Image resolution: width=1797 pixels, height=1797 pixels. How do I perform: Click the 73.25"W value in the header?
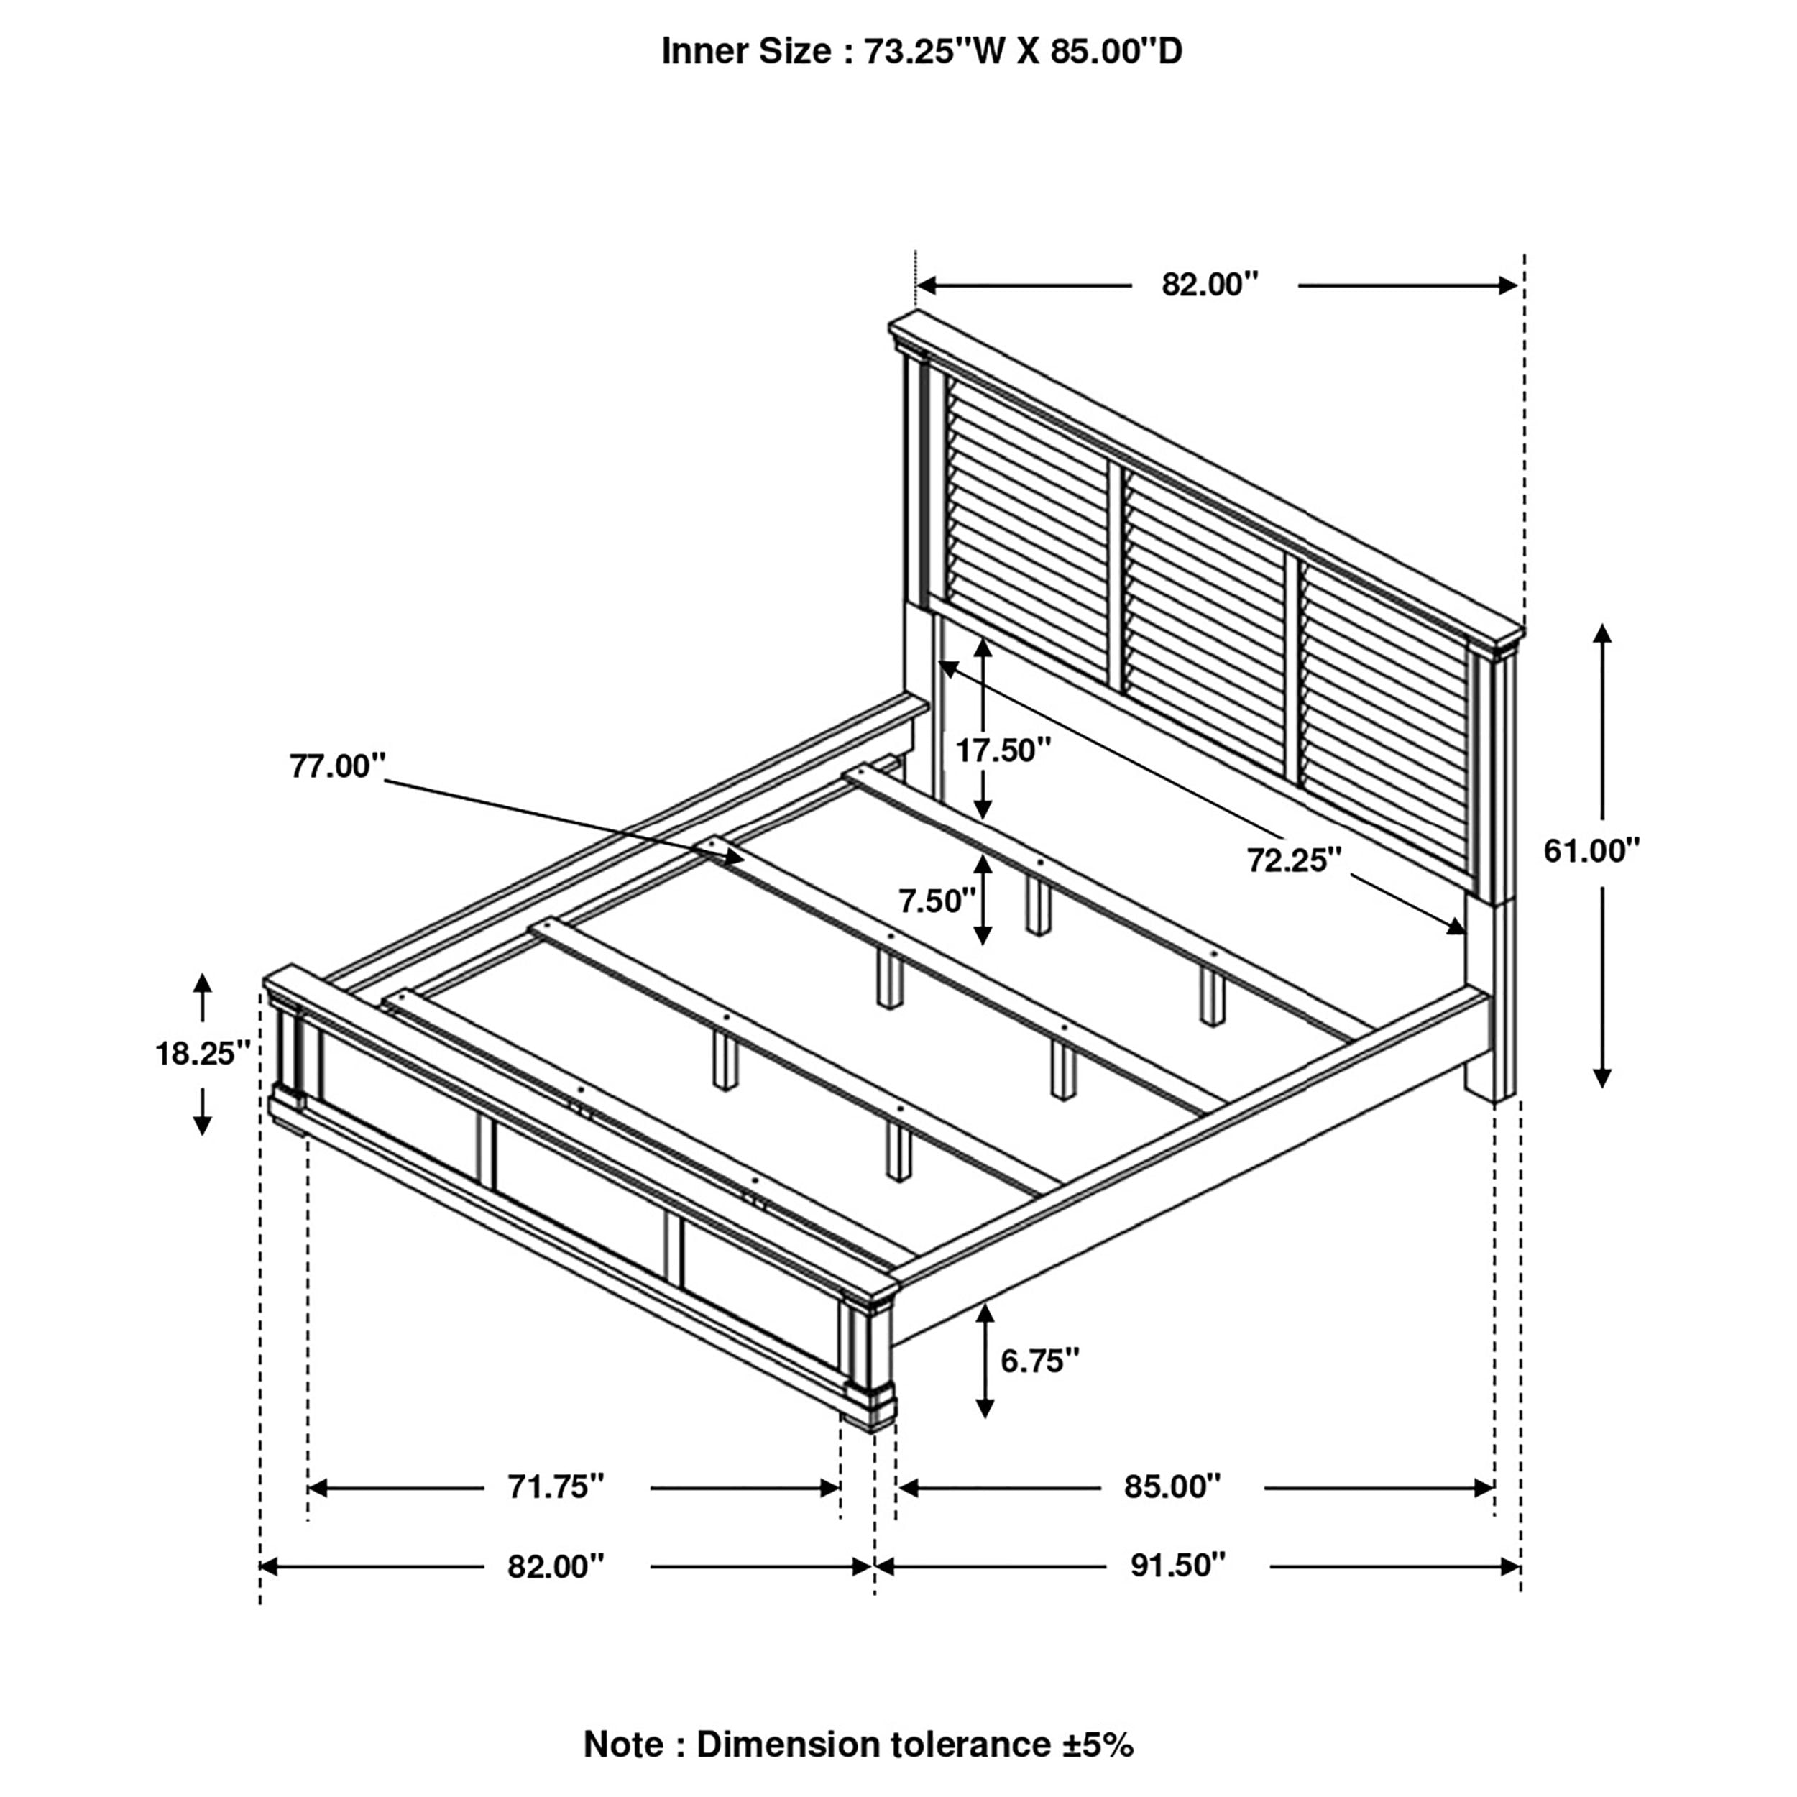coord(921,52)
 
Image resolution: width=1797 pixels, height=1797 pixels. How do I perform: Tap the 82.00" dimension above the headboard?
coord(1209,285)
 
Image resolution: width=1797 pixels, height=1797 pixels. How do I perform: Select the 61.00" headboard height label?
coord(1591,850)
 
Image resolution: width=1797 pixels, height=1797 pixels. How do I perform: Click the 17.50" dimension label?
coord(1003,750)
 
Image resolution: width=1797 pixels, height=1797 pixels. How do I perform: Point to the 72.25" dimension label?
coord(1294,861)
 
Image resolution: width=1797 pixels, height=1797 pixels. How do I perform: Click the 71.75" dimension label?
coord(556,1487)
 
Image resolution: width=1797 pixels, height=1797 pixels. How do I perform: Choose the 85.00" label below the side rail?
coord(1172,1487)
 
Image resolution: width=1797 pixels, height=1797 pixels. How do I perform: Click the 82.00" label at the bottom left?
coord(556,1566)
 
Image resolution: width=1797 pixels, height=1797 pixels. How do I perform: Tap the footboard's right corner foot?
coord(869,1423)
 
